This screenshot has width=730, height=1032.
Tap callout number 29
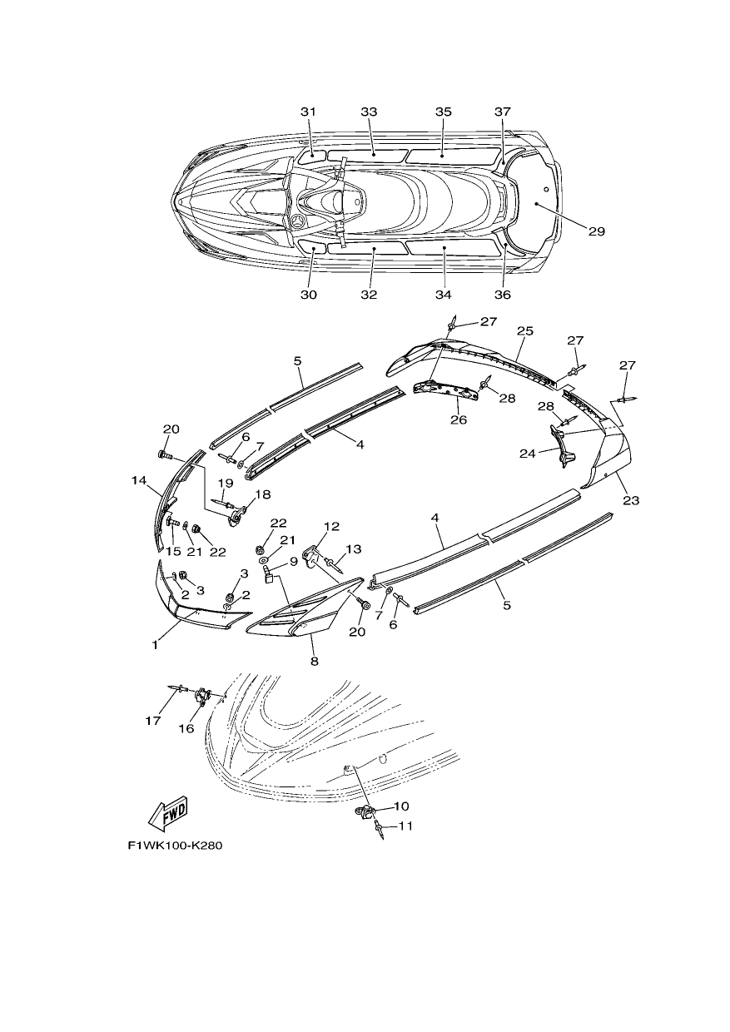pos(597,231)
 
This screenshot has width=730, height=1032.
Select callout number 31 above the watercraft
pos(308,112)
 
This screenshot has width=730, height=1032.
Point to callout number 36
pos(504,295)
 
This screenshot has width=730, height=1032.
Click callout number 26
pos(459,419)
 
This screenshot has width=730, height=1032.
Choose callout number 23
pos(631,500)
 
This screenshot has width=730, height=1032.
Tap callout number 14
pos(138,481)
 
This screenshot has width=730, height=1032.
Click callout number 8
pos(315,662)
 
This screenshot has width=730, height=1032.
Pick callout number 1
pos(155,646)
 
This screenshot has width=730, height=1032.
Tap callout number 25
pos(525,330)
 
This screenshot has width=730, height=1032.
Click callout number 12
pos(332,527)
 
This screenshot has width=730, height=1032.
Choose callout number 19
pos(226,484)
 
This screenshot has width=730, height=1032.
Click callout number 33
pos(369,112)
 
